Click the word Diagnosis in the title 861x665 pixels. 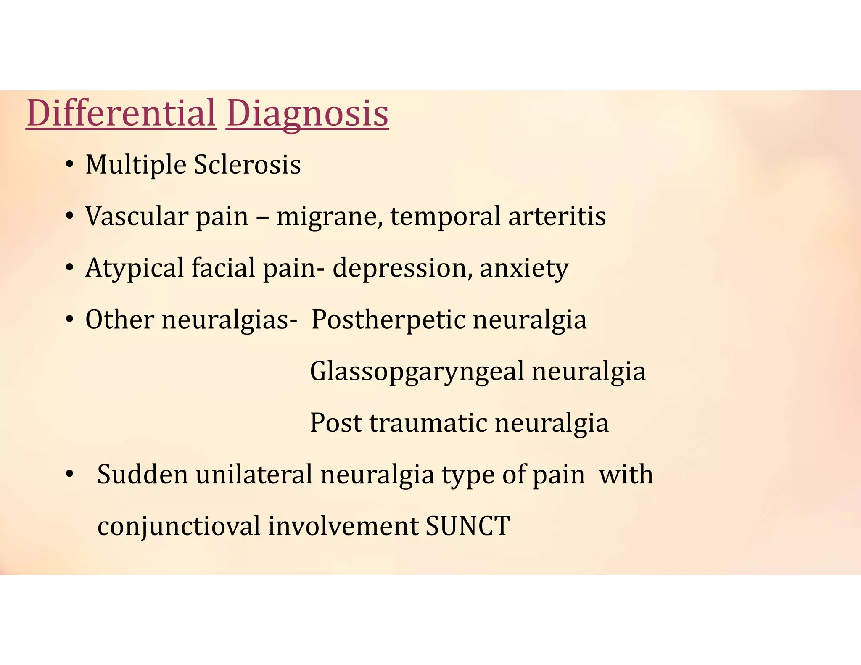click(307, 113)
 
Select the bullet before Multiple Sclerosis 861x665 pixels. click(70, 165)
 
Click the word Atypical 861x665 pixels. click(135, 268)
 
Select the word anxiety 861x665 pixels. click(524, 268)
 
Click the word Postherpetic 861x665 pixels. click(388, 319)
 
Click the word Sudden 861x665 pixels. click(143, 475)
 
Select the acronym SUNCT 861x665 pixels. click(467, 526)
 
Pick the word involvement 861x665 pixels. click(343, 526)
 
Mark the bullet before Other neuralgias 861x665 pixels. click(70, 320)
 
